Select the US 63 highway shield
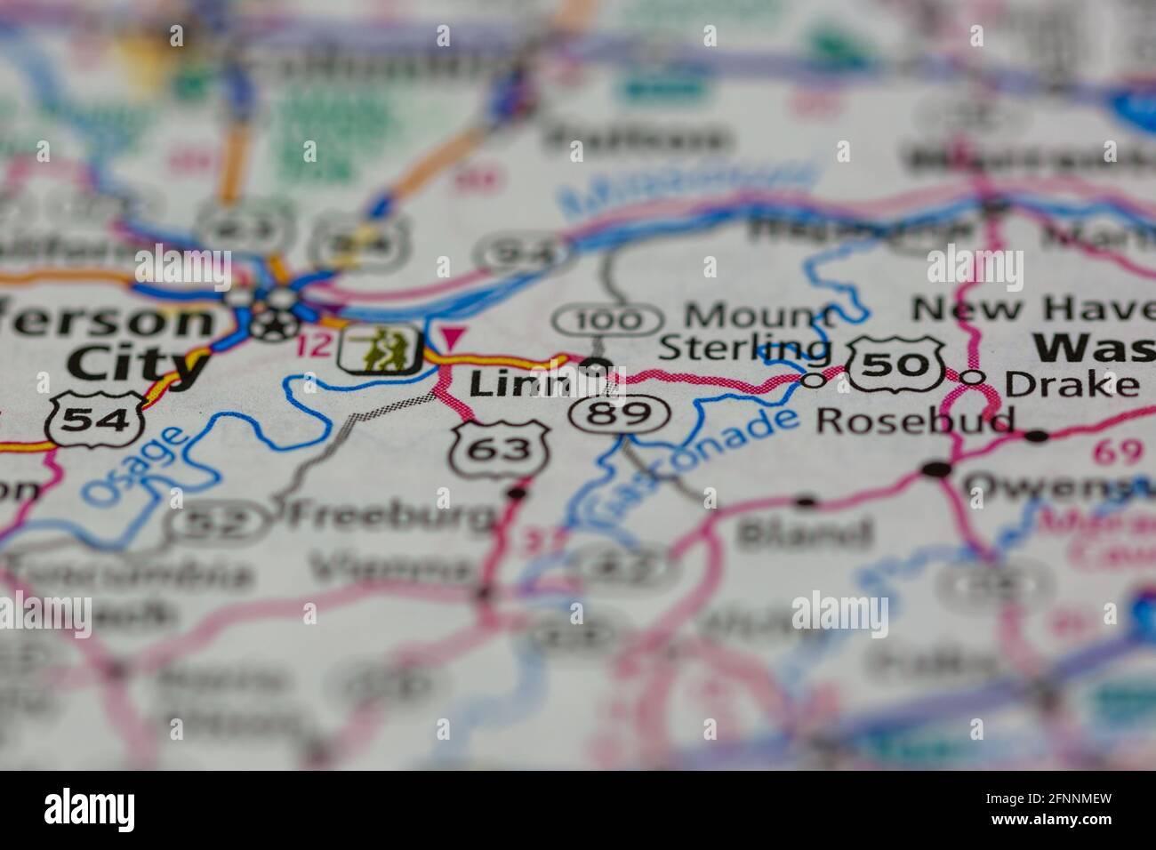tap(500, 449)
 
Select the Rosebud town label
tap(916, 421)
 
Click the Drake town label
tap(1071, 384)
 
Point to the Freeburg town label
tap(390, 513)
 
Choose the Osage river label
tap(138, 465)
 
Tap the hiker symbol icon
tap(380, 349)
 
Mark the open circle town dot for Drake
tap(974, 378)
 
